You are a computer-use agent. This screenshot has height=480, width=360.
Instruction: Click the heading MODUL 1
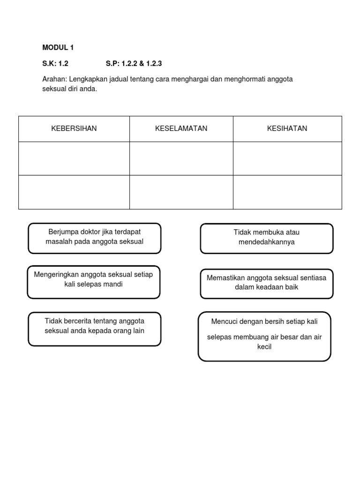tap(58, 47)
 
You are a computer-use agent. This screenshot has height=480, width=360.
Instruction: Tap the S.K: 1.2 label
tap(55, 63)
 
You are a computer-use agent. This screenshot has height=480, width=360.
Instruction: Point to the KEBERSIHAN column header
tap(74, 128)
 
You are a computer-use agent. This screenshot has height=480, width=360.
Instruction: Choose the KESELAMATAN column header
tap(181, 128)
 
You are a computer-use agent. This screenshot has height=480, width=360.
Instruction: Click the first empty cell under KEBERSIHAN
tap(74, 158)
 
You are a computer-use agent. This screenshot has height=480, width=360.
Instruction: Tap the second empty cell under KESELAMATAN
tap(181, 192)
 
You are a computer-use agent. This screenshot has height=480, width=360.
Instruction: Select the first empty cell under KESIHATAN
tap(287, 158)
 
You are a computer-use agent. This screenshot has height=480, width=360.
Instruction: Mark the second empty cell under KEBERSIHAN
tap(74, 192)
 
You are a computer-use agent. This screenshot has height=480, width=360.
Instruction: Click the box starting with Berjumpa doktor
tap(94, 238)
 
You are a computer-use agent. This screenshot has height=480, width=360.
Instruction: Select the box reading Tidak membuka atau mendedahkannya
tap(266, 238)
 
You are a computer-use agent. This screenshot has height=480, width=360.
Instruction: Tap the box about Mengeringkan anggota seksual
tap(93, 281)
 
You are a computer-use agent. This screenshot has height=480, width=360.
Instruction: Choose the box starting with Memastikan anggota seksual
tap(266, 283)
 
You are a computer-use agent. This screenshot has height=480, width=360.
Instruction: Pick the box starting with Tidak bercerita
tap(94, 329)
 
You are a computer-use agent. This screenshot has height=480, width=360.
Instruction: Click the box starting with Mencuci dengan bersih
tap(264, 336)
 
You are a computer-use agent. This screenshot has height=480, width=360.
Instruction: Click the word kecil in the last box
tap(264, 347)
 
